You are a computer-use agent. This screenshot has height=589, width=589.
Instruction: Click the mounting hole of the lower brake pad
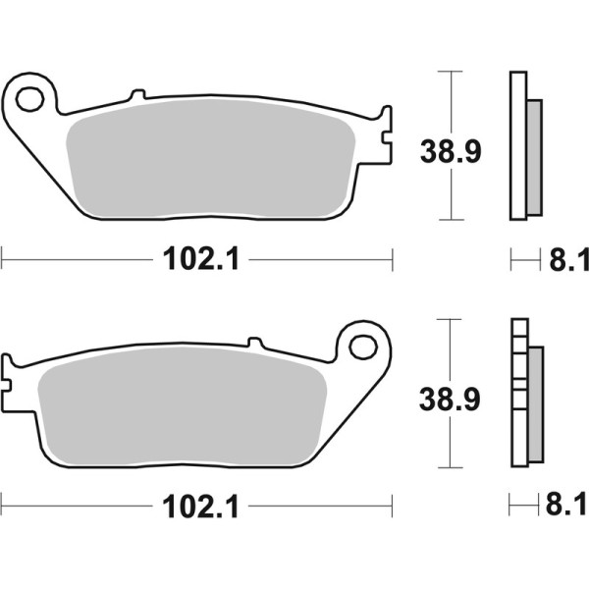point(362,346)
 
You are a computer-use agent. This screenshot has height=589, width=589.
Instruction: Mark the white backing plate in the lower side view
point(517,393)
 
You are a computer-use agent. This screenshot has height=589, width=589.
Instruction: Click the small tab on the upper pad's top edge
point(137,95)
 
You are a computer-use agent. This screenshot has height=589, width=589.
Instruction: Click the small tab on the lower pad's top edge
point(256,343)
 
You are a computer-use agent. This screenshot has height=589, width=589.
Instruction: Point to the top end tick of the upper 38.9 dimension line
point(450,72)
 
